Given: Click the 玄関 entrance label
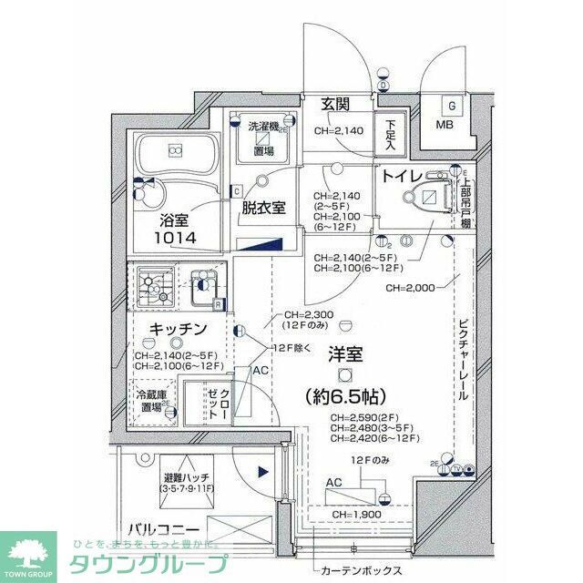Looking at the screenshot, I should pyautogui.click(x=335, y=105).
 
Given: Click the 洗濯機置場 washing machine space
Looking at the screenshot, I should pyautogui.click(x=264, y=138).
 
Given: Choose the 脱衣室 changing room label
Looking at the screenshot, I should pyautogui.click(x=263, y=207).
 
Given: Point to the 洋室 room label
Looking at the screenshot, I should pyautogui.click(x=345, y=354).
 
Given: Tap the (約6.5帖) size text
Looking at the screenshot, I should pyautogui.click(x=346, y=396).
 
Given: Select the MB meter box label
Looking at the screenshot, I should pyautogui.click(x=445, y=125).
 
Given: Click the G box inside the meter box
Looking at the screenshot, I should pyautogui.click(x=451, y=105).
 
